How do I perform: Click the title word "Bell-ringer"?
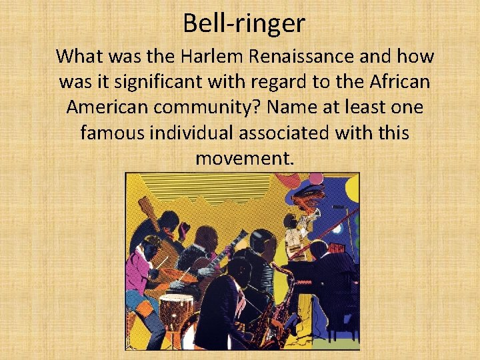(244, 24)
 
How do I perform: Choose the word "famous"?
(111, 133)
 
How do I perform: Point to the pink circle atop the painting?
(315, 179)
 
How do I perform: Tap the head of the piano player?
(319, 250)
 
